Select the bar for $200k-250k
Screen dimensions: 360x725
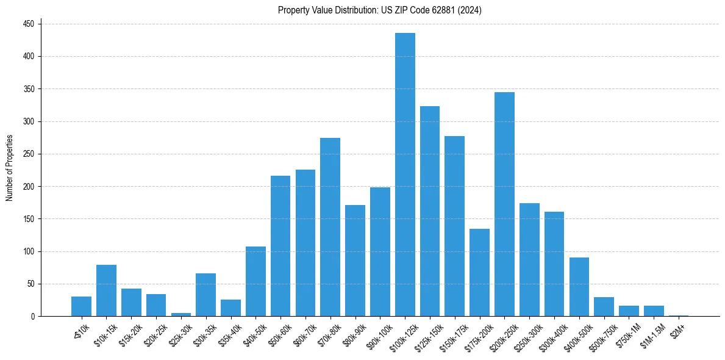504,204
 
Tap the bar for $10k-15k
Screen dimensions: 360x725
106,290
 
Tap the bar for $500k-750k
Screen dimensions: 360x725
604,306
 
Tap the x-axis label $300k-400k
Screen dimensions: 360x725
551,333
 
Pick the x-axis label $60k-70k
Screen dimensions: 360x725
302,333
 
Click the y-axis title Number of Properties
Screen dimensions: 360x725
10,168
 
